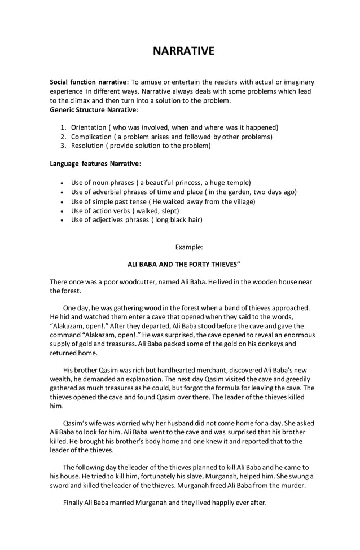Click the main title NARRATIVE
coord(184,51)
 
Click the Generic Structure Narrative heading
coord(93,109)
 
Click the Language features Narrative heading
coord(95,164)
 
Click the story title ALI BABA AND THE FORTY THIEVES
coord(184,264)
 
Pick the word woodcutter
coord(128,281)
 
